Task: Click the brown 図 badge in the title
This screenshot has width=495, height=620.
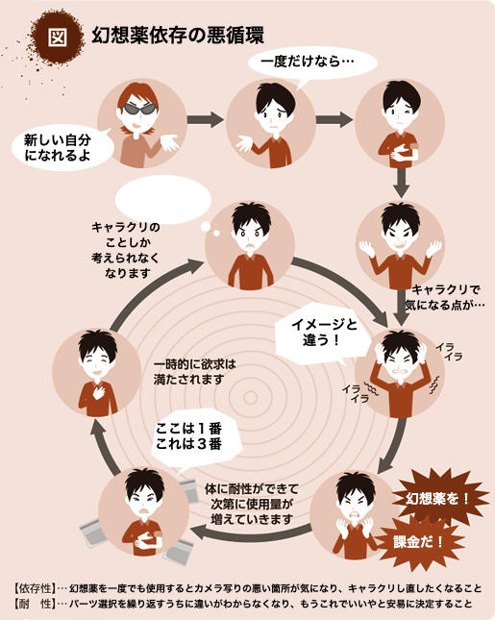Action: (x=58, y=37)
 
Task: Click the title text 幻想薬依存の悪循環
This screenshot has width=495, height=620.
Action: (x=178, y=36)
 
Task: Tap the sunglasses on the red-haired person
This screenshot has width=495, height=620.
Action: (x=138, y=108)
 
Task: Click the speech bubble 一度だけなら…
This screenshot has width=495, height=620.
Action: (x=312, y=62)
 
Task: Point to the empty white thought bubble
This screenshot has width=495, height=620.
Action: (x=162, y=200)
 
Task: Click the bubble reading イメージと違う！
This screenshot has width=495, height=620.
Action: (x=322, y=333)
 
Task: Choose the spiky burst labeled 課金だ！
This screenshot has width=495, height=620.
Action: (x=418, y=542)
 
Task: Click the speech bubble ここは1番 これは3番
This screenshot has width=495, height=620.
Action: (x=194, y=439)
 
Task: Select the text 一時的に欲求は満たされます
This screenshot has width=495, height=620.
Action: (x=194, y=372)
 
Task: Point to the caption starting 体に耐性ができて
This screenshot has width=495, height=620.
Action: (x=252, y=504)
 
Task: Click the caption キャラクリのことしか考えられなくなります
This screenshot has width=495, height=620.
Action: (x=126, y=250)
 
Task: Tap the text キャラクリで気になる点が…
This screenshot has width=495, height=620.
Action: (x=445, y=297)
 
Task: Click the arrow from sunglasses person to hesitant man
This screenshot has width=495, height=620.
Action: (x=206, y=119)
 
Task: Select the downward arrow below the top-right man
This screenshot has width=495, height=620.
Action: (x=401, y=183)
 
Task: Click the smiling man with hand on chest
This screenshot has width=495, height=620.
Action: (x=97, y=373)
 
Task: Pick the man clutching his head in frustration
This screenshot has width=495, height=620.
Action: (x=400, y=373)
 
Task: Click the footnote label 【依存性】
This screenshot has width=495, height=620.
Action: (x=35, y=588)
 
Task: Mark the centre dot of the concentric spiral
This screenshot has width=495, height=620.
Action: (x=250, y=398)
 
